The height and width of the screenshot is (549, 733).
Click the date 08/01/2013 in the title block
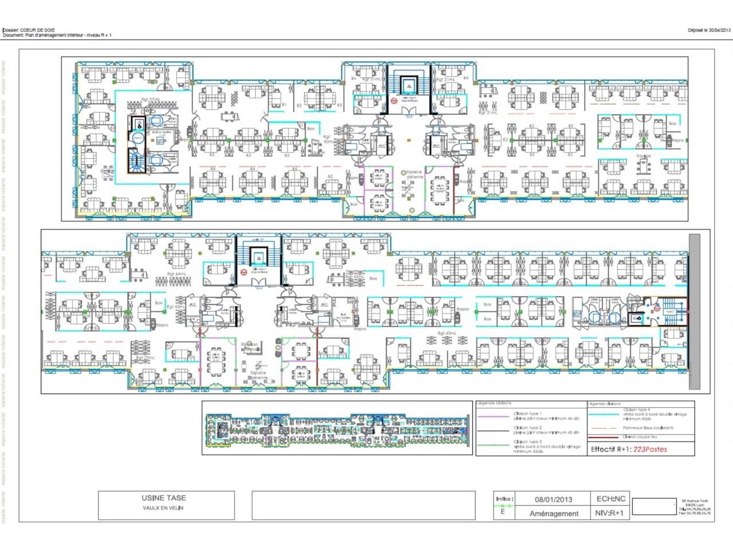pyautogui.click(x=553, y=499)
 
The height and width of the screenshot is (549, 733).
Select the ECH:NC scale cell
pyautogui.click(x=611, y=499)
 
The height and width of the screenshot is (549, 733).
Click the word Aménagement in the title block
pyautogui.click(x=553, y=514)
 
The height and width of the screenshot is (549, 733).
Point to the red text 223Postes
pyautogui.click(x=649, y=449)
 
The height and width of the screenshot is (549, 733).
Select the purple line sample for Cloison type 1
pyautogui.click(x=494, y=416)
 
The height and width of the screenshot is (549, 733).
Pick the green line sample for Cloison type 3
pyautogui.click(x=494, y=444)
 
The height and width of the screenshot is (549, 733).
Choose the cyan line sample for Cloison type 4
pyautogui.click(x=605, y=413)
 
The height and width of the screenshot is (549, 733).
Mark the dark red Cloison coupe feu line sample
pyautogui.click(x=605, y=437)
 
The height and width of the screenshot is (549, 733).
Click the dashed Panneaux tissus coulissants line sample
pyautogui.click(x=605, y=428)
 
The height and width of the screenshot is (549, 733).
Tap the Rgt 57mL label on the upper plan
pyautogui.click(x=151, y=99)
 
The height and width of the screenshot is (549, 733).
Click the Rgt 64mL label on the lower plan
pyautogui.click(x=178, y=274)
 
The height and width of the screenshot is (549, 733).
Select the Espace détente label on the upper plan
pyautogui.click(x=414, y=174)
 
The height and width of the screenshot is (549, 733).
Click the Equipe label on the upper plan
pyautogui.click(x=644, y=156)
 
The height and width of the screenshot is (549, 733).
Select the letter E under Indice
pyautogui.click(x=503, y=512)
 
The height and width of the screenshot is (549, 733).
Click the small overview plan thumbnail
pyautogui.click(x=338, y=428)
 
